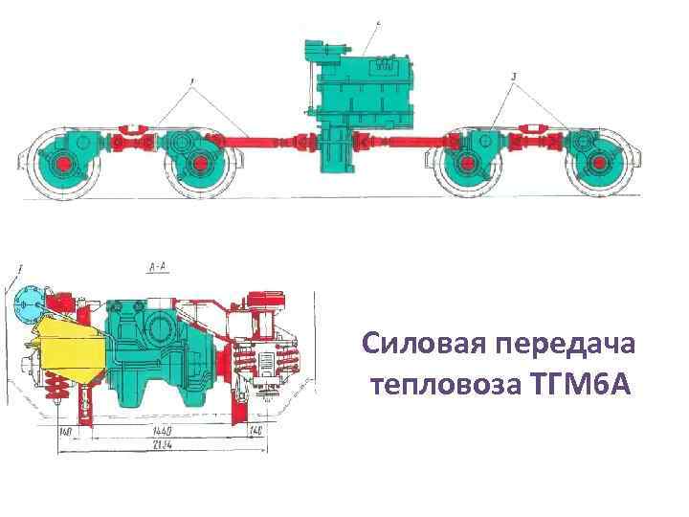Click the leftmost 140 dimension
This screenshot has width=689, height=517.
66,432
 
